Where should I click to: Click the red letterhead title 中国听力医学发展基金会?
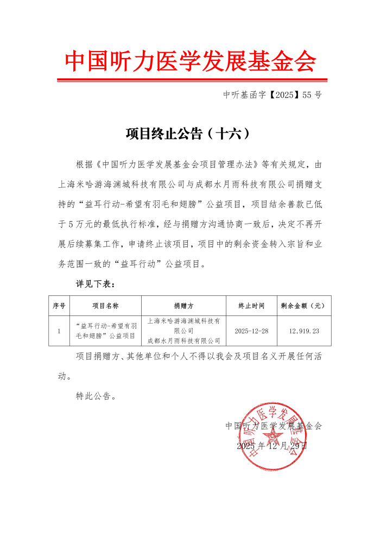[x=190, y=61]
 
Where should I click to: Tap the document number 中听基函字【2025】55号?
[x=273, y=95]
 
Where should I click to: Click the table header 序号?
[x=59, y=306]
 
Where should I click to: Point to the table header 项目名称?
[x=105, y=306]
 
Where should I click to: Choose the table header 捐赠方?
[x=183, y=306]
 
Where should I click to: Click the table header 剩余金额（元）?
[x=303, y=306]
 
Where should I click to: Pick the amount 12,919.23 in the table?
[x=304, y=331]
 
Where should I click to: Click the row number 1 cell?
[x=59, y=331]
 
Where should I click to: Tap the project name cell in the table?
[x=105, y=331]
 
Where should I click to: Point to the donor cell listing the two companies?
[x=183, y=331]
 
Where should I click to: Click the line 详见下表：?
[x=95, y=284]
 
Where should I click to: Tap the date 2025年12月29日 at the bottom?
[x=272, y=446]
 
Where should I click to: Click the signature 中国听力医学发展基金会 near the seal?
[x=274, y=426]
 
